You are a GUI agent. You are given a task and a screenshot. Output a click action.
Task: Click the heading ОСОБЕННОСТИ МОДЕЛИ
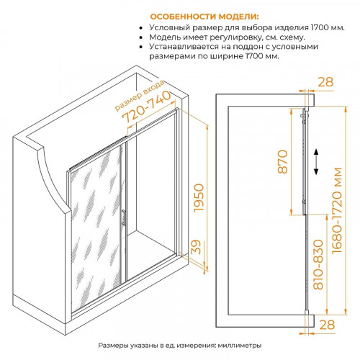(204, 17)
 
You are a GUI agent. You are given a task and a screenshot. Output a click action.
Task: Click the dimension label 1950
(199, 198)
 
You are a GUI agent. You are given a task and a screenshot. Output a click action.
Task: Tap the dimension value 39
(196, 247)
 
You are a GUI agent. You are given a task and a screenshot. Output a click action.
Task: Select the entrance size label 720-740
(147, 107)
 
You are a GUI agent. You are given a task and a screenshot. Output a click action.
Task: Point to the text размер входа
(140, 96)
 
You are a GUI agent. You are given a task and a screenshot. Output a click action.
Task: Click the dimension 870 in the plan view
(283, 161)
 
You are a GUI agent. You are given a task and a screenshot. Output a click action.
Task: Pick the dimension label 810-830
(318, 264)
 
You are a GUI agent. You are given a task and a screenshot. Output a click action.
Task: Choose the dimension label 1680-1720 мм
(336, 210)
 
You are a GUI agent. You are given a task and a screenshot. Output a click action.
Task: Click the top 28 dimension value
(325, 82)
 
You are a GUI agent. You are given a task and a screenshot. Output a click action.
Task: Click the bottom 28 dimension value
(327, 325)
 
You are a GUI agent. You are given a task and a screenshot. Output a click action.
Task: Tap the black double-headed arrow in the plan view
(316, 161)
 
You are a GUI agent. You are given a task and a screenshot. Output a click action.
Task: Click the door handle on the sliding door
(123, 217)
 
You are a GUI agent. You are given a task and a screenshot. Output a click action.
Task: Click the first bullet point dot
(141, 28)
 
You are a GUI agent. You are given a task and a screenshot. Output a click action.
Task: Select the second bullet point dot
(141, 37)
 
